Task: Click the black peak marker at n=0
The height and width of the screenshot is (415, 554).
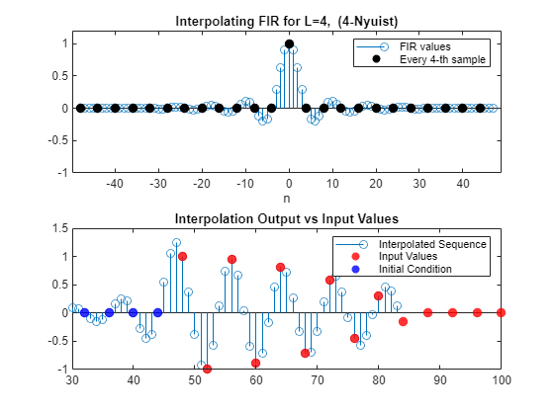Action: [x=289, y=44]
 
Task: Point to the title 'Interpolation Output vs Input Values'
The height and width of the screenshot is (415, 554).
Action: [x=287, y=218]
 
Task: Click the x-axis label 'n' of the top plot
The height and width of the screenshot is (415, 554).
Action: [x=287, y=199]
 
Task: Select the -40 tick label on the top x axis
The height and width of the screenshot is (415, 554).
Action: [x=115, y=184]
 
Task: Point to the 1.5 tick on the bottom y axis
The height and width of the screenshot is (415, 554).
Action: [x=60, y=228]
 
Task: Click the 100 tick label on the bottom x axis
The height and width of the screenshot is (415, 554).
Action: [x=501, y=380]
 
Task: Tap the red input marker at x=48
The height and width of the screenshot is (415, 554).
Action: [x=182, y=257]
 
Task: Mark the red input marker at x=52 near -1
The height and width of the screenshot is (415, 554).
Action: [x=207, y=370]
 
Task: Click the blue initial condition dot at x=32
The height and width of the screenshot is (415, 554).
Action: [x=84, y=312]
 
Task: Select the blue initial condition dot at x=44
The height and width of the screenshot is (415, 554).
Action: [x=158, y=312]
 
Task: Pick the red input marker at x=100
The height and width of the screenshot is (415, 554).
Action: [x=501, y=312]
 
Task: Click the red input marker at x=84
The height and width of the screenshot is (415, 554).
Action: [x=403, y=321]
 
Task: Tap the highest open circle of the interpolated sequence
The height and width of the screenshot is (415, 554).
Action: [x=176, y=243]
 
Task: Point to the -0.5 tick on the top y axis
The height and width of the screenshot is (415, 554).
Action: [x=58, y=140]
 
